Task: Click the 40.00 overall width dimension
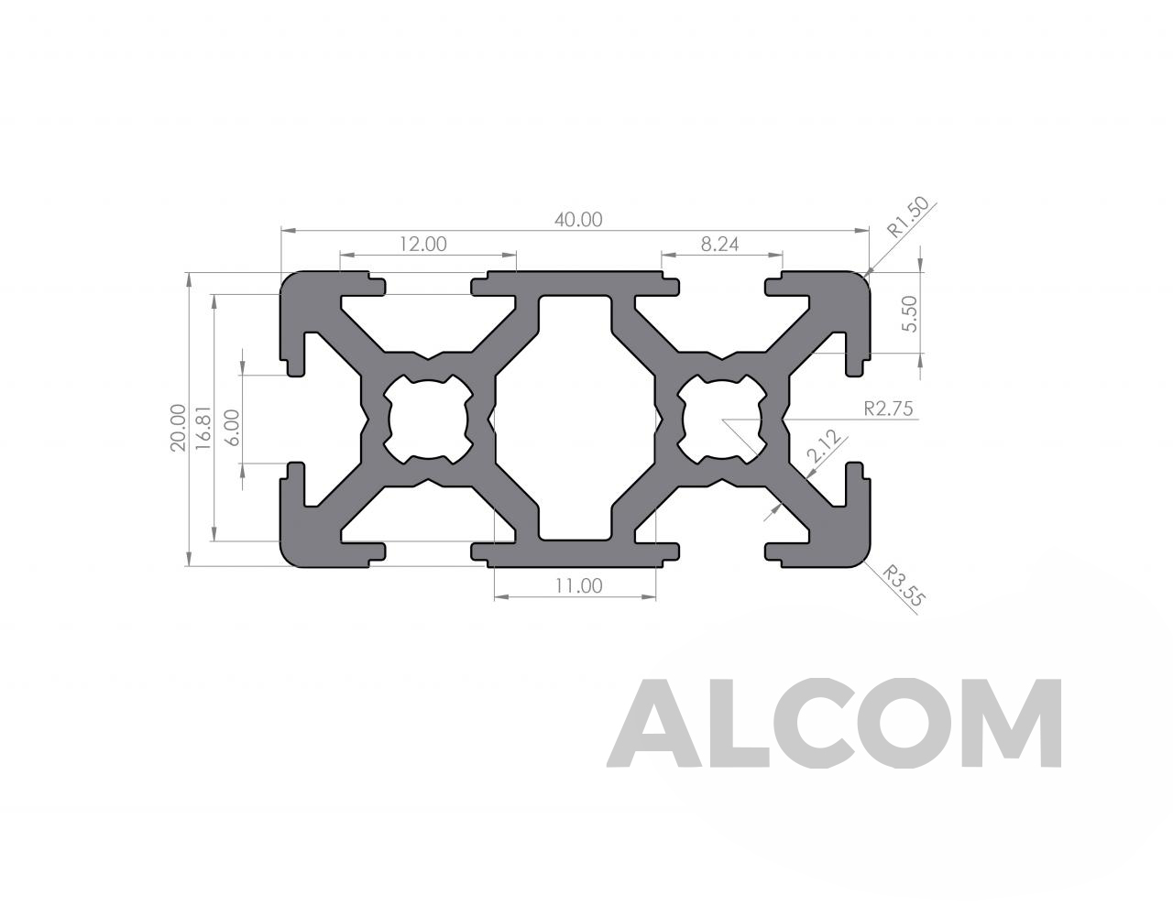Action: [x=578, y=220]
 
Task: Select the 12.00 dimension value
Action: [x=422, y=245]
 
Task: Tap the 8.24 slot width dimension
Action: [x=719, y=245]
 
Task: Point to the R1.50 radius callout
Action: [x=908, y=217]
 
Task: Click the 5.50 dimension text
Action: [x=910, y=313]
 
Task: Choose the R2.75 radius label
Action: [x=889, y=409]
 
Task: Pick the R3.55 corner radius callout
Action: [x=904, y=585]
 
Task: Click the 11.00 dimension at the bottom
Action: [x=578, y=585]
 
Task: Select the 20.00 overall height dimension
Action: [x=178, y=428]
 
